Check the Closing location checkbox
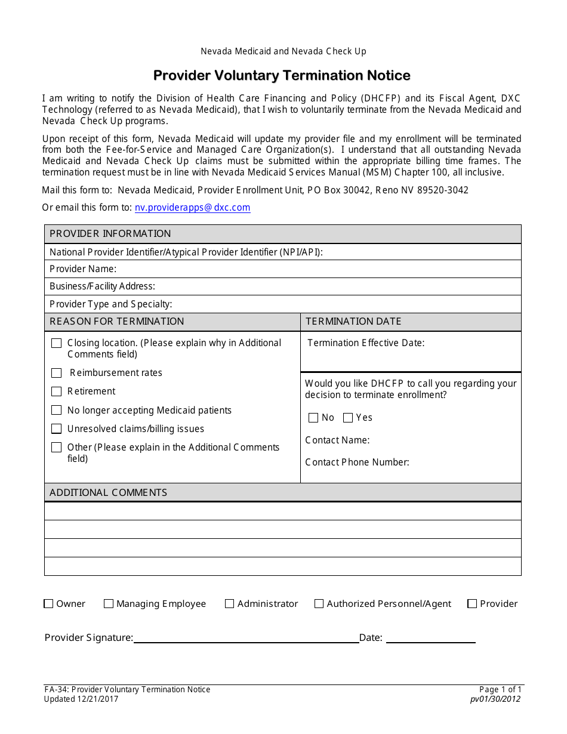pyautogui.click(x=57, y=343)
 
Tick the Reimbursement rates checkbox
pyautogui.click(x=57, y=373)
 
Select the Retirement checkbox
pyautogui.click(x=57, y=391)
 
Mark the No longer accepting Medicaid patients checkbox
pyautogui.click(x=57, y=411)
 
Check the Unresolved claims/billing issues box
pyautogui.click(x=57, y=429)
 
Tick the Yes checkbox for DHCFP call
pyautogui.click(x=348, y=418)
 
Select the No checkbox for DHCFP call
pyautogui.click(x=313, y=418)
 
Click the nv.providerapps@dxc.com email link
pyautogui.click(x=192, y=208)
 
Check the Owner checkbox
pyautogui.click(x=49, y=604)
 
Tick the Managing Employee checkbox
pyautogui.click(x=109, y=604)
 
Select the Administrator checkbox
pyautogui.click(x=229, y=604)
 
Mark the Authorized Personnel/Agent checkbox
pyautogui.click(x=319, y=604)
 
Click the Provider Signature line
pyautogui.click(x=246, y=638)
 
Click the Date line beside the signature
pyautogui.click(x=430, y=638)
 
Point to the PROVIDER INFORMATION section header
pyautogui.click(x=110, y=234)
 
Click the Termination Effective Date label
pyautogui.click(x=366, y=343)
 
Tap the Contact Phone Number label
pyautogui.click(x=357, y=462)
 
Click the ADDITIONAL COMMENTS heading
pyautogui.click(x=108, y=493)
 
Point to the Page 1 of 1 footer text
pyautogui.click(x=500, y=690)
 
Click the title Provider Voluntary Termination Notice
pyautogui.click(x=282, y=76)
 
